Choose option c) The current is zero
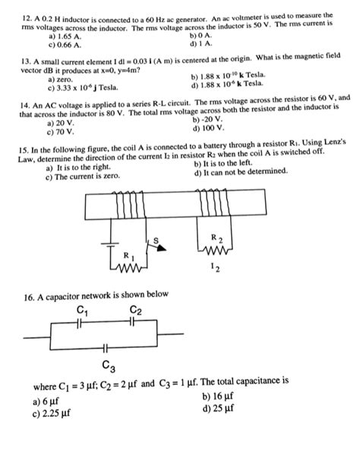pyautogui.click(x=83, y=175)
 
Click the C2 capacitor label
pyautogui.click(x=135, y=309)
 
